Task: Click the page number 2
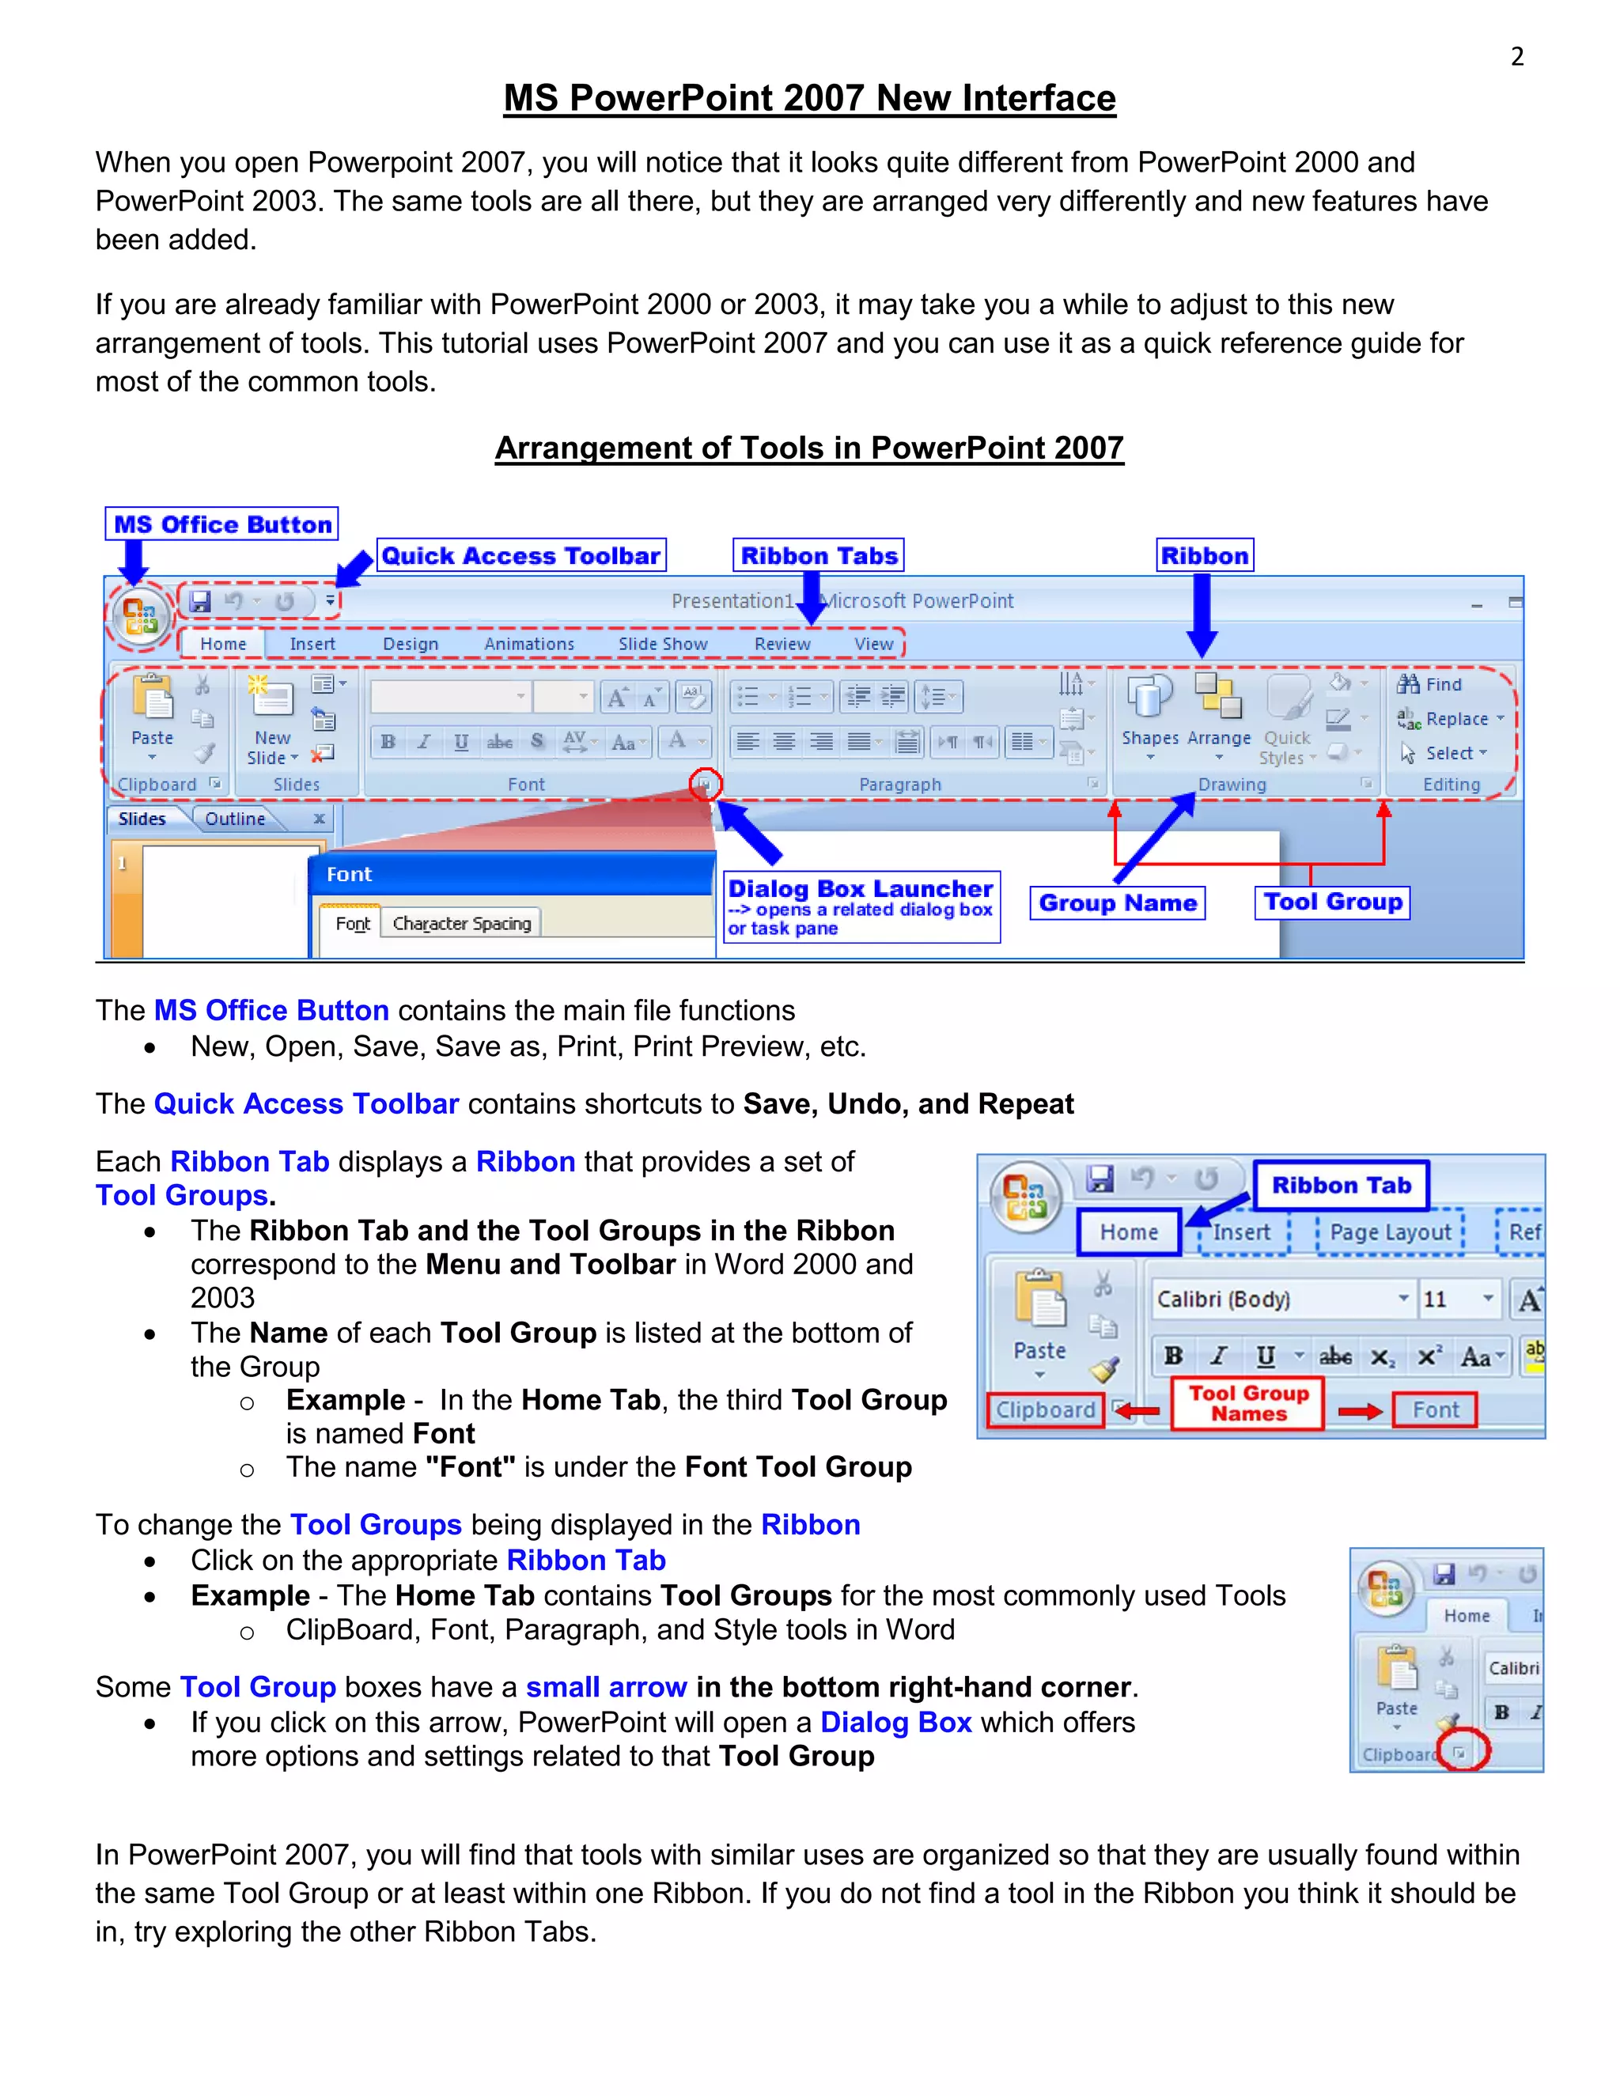click(x=1516, y=57)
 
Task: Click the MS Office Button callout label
click(x=221, y=524)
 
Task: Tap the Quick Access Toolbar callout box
click(x=521, y=556)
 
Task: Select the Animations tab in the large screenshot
click(x=529, y=644)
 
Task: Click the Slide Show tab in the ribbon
click(x=662, y=644)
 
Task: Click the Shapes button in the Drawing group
click(x=1149, y=710)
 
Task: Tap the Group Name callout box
click(x=1117, y=903)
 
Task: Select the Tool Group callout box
click(x=1332, y=902)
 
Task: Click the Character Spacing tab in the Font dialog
click(x=462, y=923)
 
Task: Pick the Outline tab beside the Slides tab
click(x=235, y=819)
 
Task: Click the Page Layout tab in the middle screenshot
click(x=1390, y=1232)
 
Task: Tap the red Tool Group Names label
click(x=1247, y=1403)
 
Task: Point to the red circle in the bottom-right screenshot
click(x=1463, y=1750)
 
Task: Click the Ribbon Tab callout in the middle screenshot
click(x=1341, y=1186)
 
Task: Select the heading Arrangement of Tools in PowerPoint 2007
click(x=809, y=448)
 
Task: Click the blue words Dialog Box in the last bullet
click(x=895, y=1723)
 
